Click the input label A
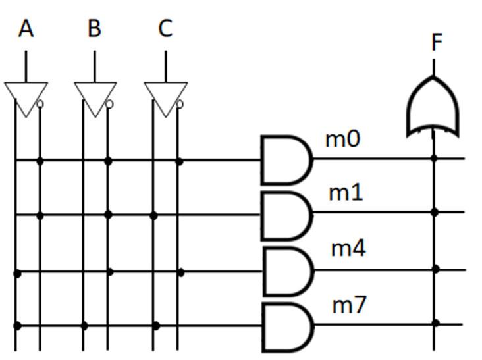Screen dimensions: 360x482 coord(26,29)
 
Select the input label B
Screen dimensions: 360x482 coord(95,29)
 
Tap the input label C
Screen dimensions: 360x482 coord(165,29)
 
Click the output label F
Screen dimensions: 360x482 coord(437,43)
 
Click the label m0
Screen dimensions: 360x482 coord(342,140)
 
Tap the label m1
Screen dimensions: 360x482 coord(346,193)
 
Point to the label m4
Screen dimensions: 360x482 coord(348,249)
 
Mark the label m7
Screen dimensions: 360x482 coord(349,305)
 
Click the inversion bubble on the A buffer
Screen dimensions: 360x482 coord(41,104)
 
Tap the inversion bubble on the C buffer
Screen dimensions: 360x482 coord(180,104)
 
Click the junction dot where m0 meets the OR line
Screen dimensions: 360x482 coord(434,158)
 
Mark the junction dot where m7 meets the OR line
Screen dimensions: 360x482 coord(435,322)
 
